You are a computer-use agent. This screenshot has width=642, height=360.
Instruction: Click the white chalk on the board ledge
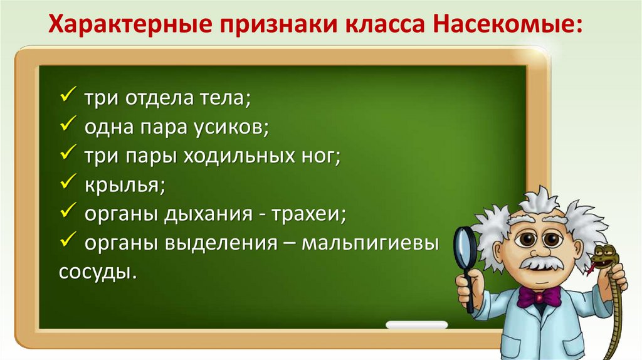point(416,325)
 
